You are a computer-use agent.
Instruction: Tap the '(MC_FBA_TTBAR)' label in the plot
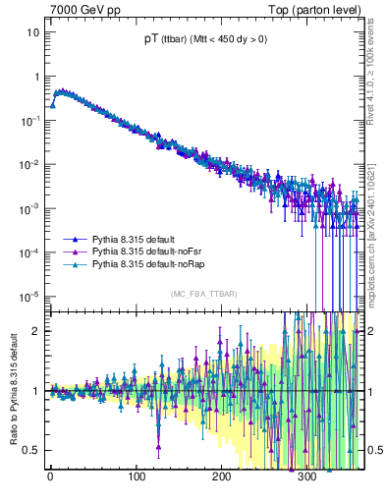[x=202, y=295]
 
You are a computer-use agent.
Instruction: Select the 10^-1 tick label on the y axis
[x=31, y=120]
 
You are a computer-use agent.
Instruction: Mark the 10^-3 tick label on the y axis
[x=31, y=208]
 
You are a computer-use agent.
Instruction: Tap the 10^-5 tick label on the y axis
[x=31, y=296]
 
